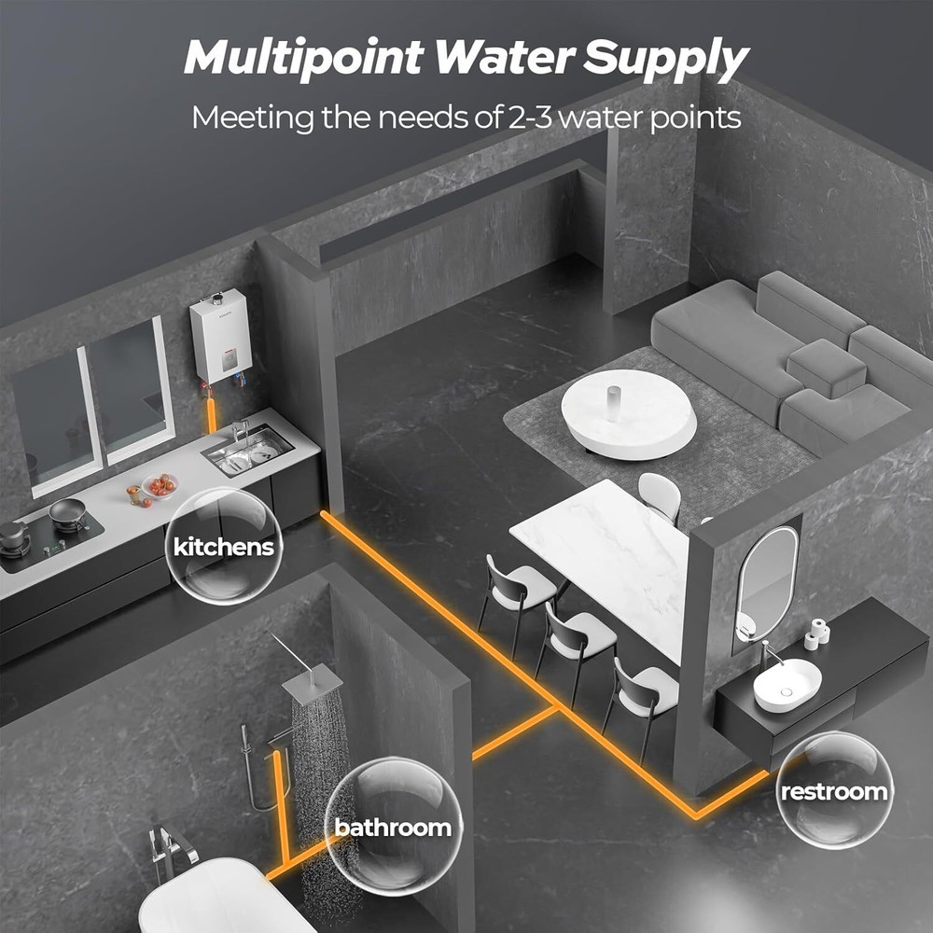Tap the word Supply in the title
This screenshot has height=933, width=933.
tap(665, 60)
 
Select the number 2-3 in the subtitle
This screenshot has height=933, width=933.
tap(531, 118)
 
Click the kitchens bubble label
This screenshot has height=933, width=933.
tap(224, 546)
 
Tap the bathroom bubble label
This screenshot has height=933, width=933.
tap(393, 827)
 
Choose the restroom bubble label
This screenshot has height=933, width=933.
tap(834, 791)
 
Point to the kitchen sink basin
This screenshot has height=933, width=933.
tap(247, 450)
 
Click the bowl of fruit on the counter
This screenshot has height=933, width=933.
tap(160, 485)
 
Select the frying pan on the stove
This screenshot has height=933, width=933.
tap(68, 510)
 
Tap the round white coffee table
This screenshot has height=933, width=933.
tap(628, 414)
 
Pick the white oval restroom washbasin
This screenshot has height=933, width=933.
tap(787, 684)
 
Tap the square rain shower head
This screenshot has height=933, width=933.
tap(312, 684)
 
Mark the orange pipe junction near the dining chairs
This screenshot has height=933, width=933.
tap(556, 707)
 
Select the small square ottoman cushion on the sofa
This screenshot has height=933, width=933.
tap(827, 368)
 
